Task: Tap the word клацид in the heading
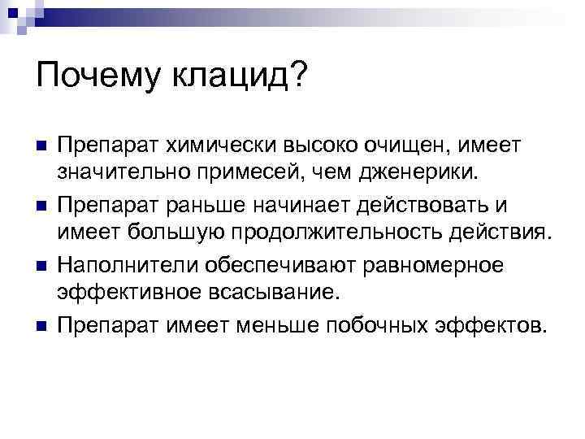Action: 235,79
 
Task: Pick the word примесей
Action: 272,172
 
